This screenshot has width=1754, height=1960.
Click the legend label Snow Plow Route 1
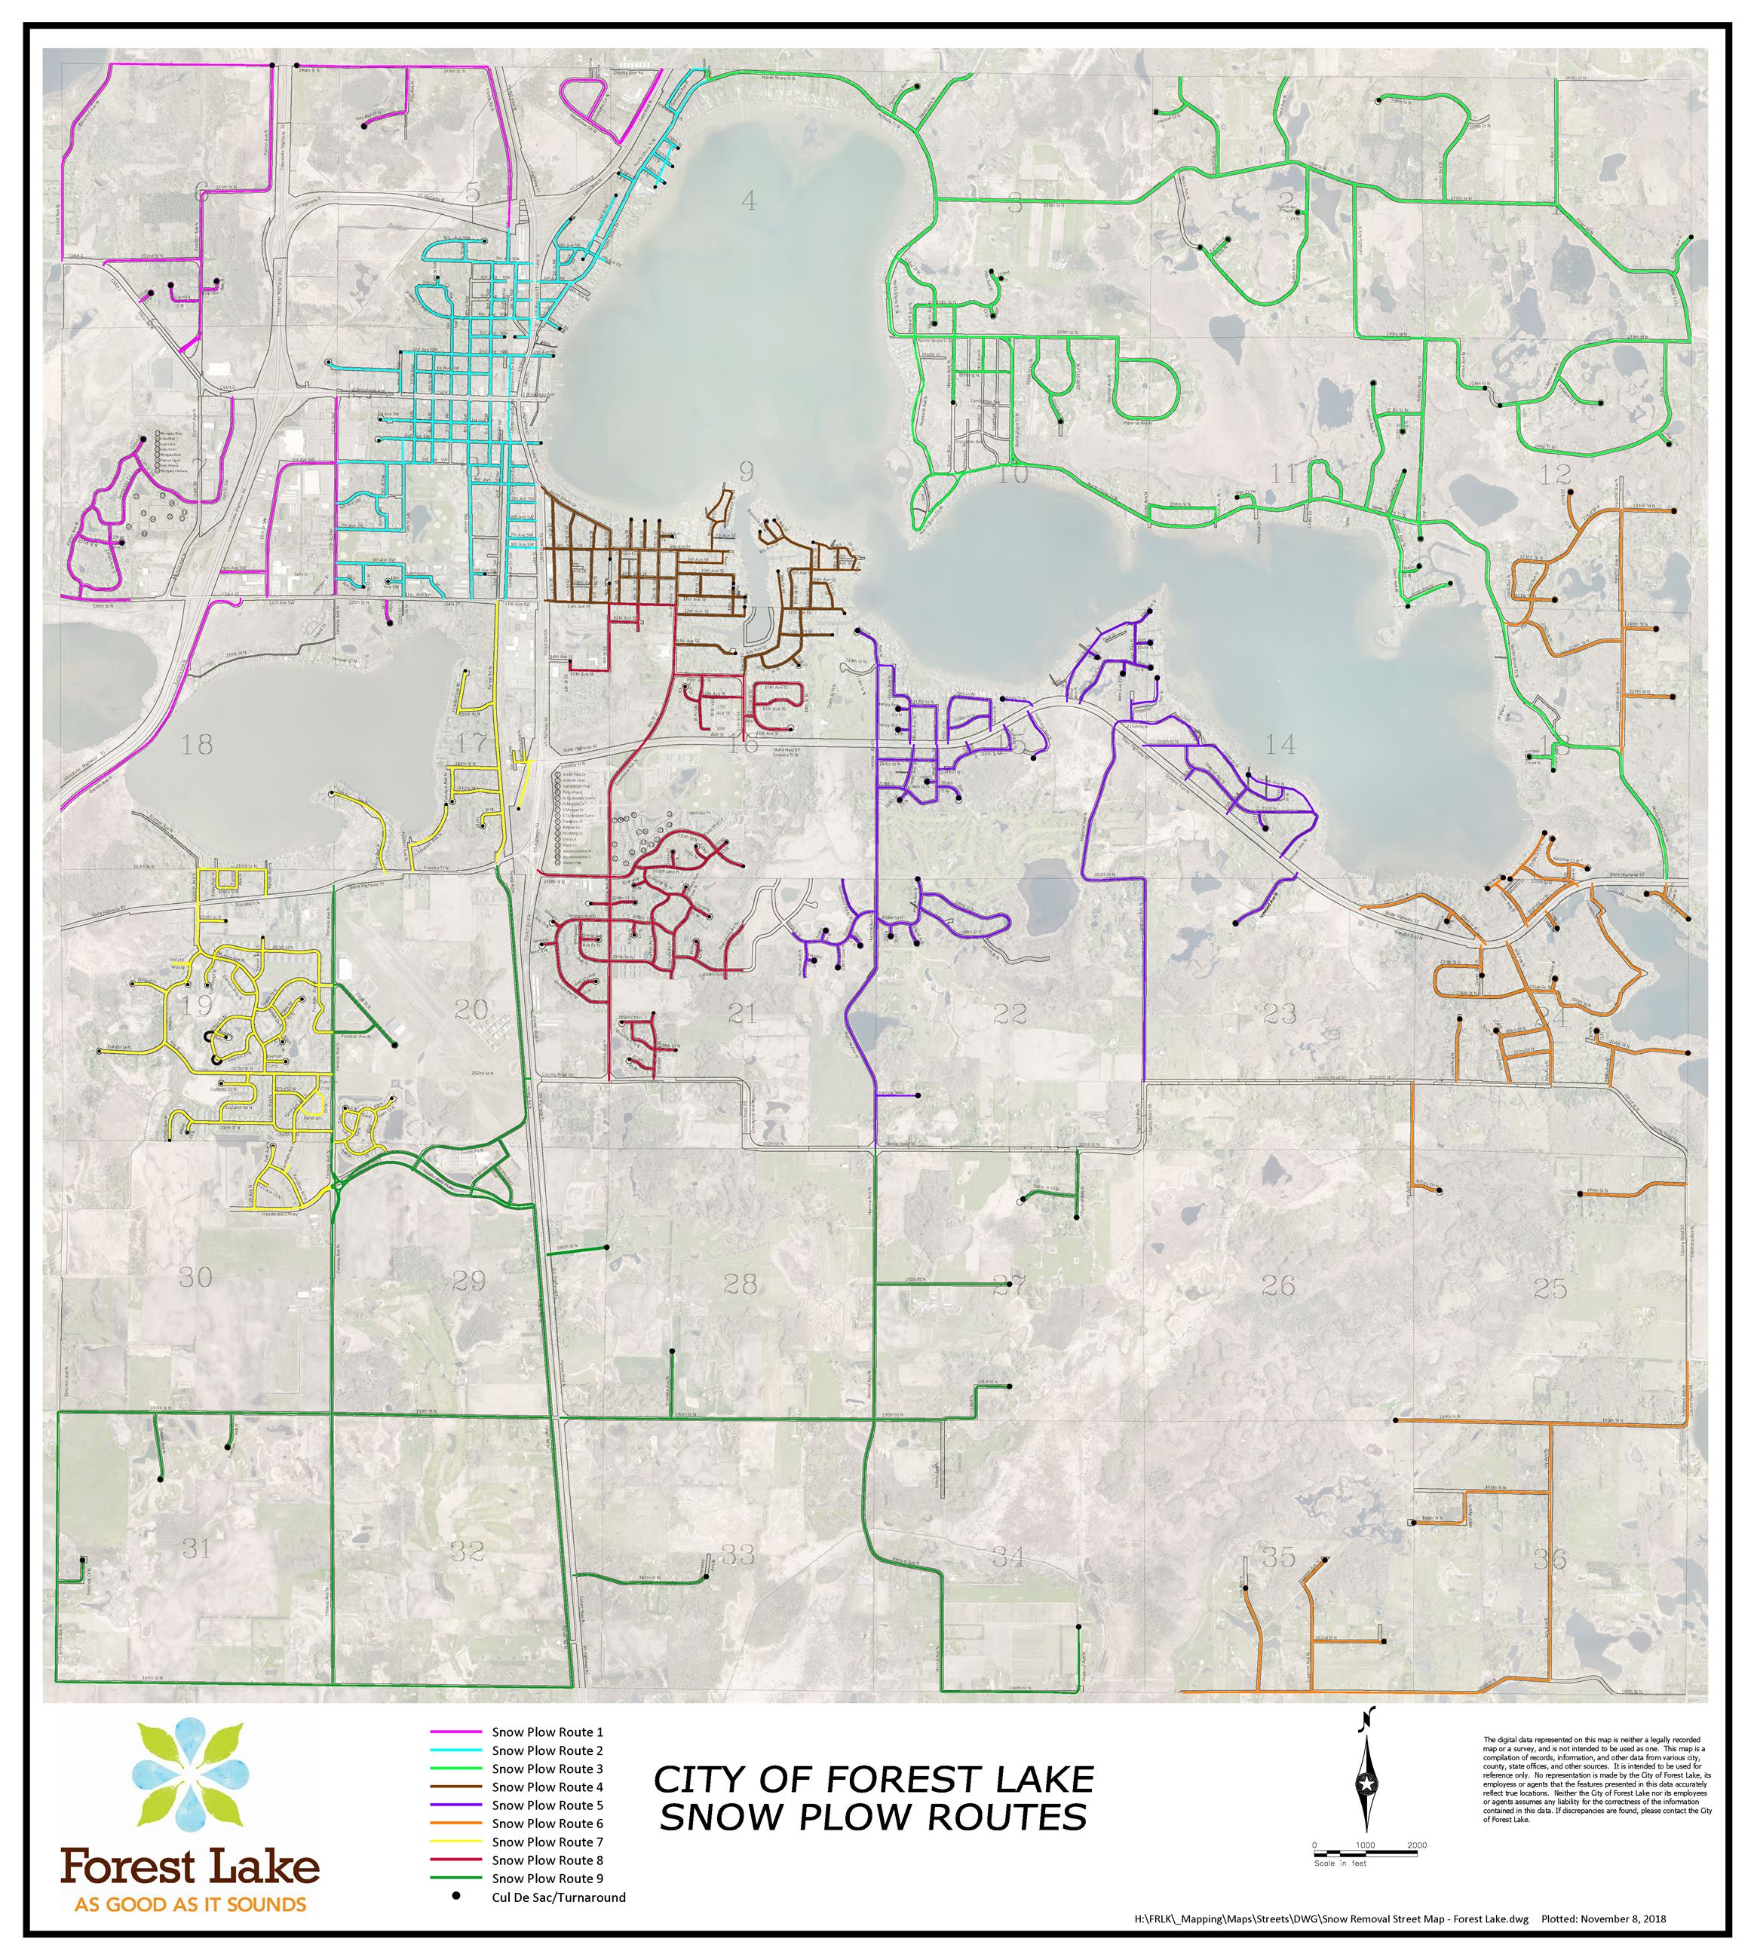(x=547, y=1732)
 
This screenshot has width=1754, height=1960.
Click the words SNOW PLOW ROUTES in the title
(x=873, y=1818)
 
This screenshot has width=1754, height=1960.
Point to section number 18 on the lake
(x=197, y=744)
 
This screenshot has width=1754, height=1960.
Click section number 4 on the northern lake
(x=749, y=201)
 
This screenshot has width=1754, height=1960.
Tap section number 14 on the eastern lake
(x=1280, y=744)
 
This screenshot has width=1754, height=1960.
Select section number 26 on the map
(x=1278, y=1285)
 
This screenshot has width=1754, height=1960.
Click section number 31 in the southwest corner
(x=197, y=1548)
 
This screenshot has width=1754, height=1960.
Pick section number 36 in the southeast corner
(x=1550, y=1558)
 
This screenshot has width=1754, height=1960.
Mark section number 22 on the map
(x=1009, y=1014)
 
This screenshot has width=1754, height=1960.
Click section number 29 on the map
(x=468, y=1281)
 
